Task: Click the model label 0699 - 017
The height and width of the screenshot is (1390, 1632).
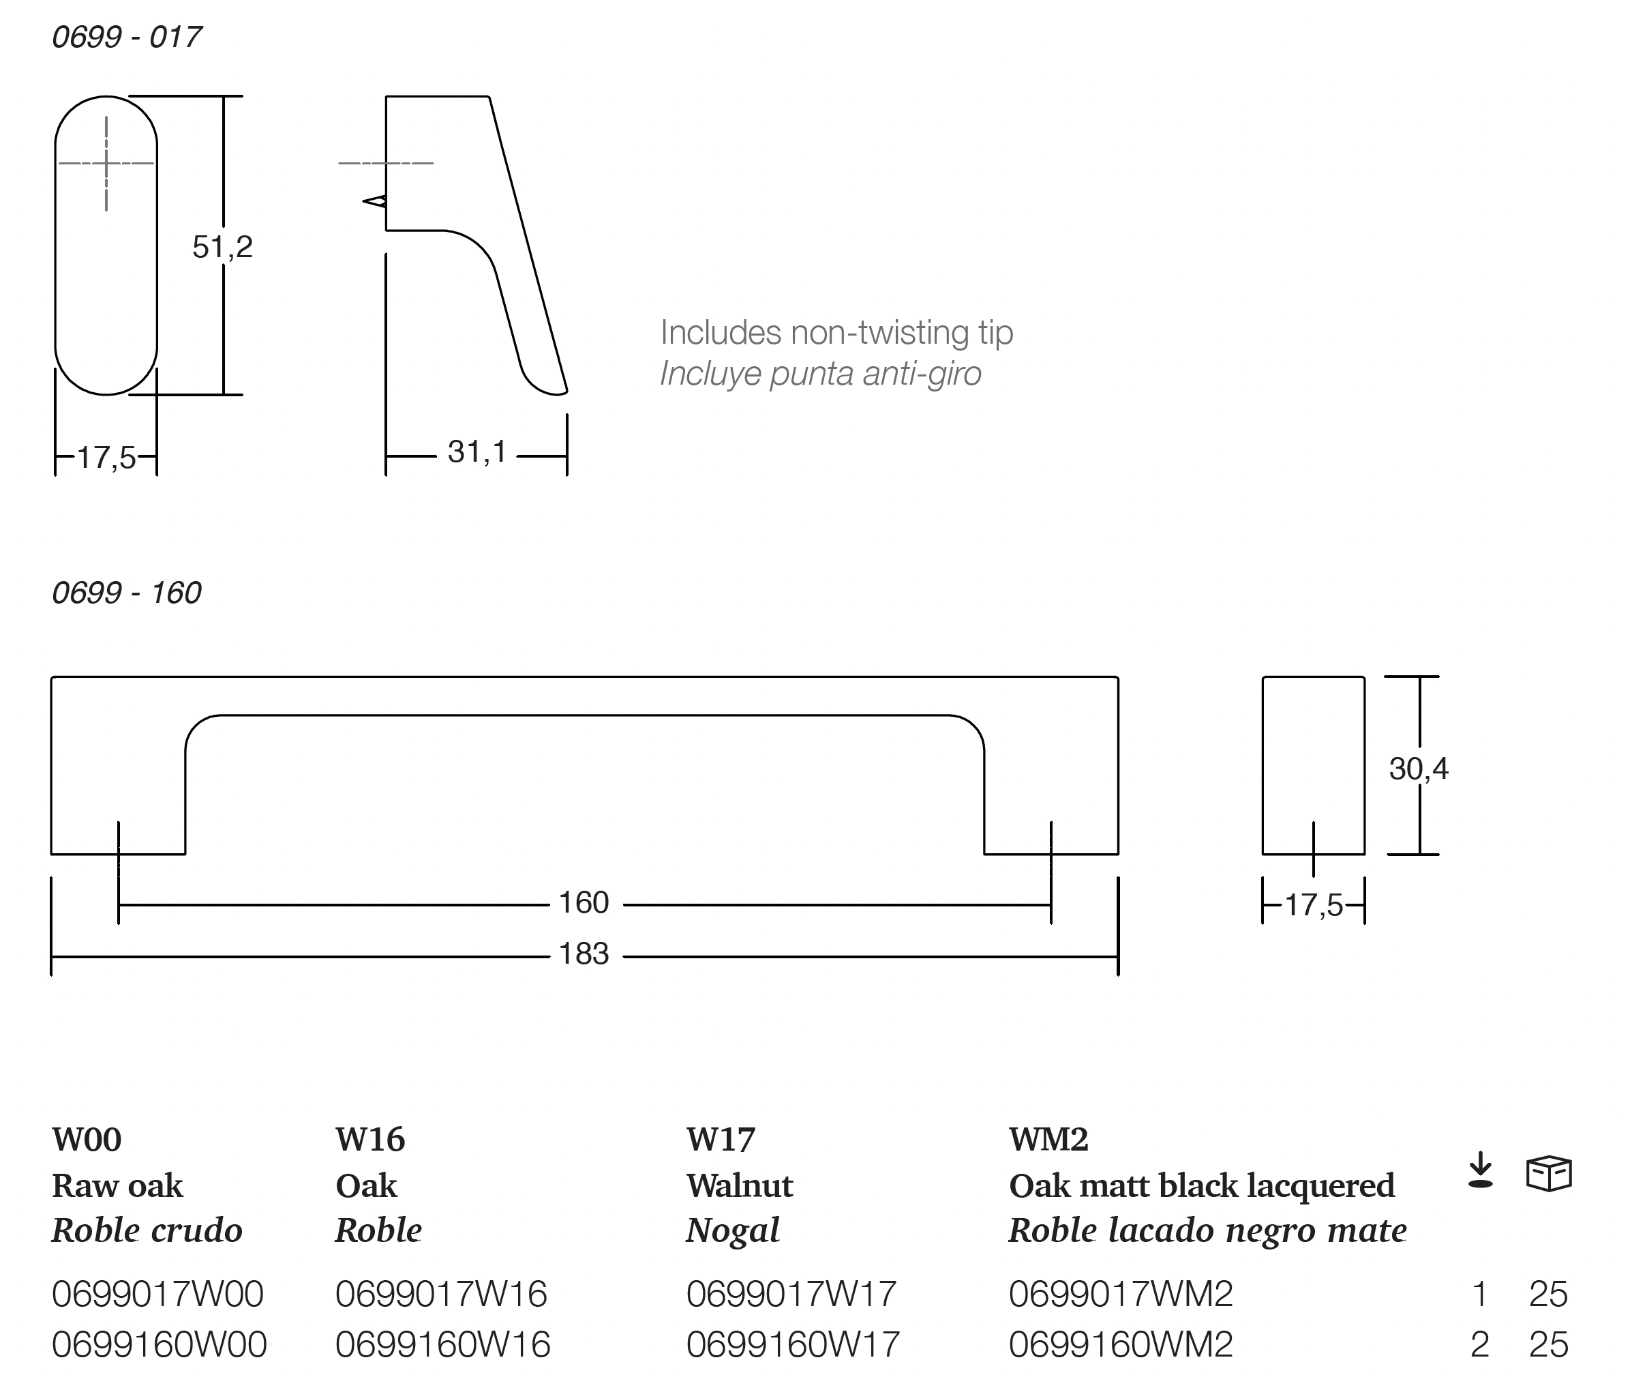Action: pos(127,37)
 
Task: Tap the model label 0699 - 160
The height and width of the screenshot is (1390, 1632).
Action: pos(127,593)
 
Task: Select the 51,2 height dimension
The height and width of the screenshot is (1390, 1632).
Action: pos(222,248)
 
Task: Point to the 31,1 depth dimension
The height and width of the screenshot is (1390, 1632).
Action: pos(477,452)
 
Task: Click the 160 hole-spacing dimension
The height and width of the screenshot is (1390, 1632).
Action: pos(584,902)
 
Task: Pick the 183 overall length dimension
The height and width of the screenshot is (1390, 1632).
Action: pos(584,954)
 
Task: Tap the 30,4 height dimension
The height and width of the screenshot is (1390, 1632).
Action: pos(1419,768)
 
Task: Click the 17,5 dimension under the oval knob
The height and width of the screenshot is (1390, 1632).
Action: pos(106,458)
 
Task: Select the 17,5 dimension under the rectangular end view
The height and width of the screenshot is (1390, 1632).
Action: pos(1314,905)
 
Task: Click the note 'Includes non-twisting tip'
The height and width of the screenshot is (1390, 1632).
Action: pos(836,333)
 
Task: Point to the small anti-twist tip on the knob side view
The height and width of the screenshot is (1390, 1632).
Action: pos(375,202)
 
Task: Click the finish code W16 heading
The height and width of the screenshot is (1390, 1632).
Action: pos(370,1140)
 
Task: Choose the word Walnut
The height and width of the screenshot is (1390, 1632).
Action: pos(740,1185)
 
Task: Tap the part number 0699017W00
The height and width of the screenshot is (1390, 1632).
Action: pos(157,1294)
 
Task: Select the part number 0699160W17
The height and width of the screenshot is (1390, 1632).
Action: pos(792,1344)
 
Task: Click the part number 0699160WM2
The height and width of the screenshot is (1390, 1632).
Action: pos(1121,1344)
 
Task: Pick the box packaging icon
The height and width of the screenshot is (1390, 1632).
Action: pos(1549,1173)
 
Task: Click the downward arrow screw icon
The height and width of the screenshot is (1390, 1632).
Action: pos(1481,1170)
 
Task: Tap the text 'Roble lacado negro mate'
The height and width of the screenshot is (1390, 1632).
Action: pos(1207,1231)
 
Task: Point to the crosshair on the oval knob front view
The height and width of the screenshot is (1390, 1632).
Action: pos(106,164)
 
